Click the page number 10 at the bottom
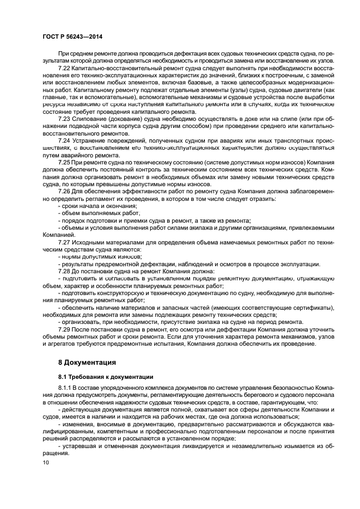point(46,463)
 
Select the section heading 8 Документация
point(87,361)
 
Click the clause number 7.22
point(64,68)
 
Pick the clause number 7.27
point(64,241)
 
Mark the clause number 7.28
point(64,271)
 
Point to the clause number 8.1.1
point(66,388)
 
